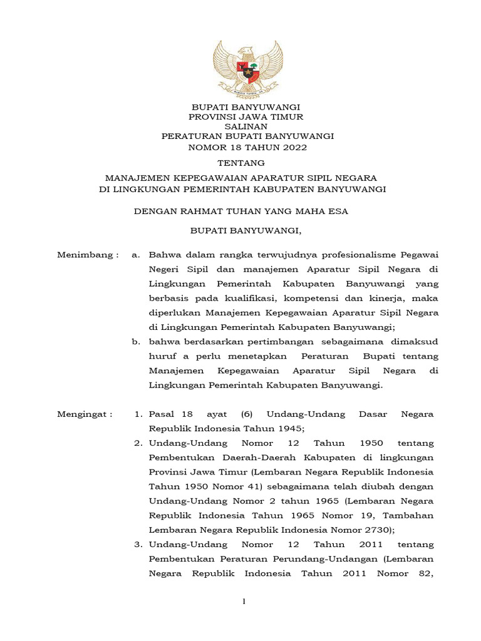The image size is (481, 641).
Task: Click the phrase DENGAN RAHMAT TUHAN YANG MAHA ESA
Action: click(241, 212)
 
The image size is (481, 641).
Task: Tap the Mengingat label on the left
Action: click(85, 414)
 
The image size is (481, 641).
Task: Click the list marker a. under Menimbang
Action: click(135, 255)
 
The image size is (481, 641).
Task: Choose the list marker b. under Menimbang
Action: click(135, 341)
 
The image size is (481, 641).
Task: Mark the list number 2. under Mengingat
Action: click(138, 443)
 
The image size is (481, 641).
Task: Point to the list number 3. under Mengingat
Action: click(138, 545)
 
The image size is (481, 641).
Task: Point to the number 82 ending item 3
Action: click(424, 573)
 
